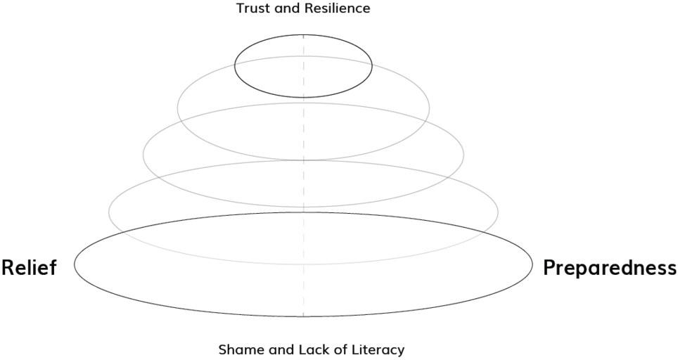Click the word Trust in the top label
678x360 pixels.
point(251,8)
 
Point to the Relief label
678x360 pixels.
point(29,268)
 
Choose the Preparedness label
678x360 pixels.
point(610,268)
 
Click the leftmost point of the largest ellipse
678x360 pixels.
point(75,264)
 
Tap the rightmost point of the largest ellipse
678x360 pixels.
point(532,264)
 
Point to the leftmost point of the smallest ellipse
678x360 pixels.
point(234,65)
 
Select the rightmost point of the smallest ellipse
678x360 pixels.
point(372,65)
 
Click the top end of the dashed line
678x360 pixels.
point(303,34)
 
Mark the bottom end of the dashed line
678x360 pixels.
point(303,317)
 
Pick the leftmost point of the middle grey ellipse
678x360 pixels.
point(143,155)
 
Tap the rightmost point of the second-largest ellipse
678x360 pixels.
point(498,212)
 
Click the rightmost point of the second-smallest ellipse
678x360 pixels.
point(429,108)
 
